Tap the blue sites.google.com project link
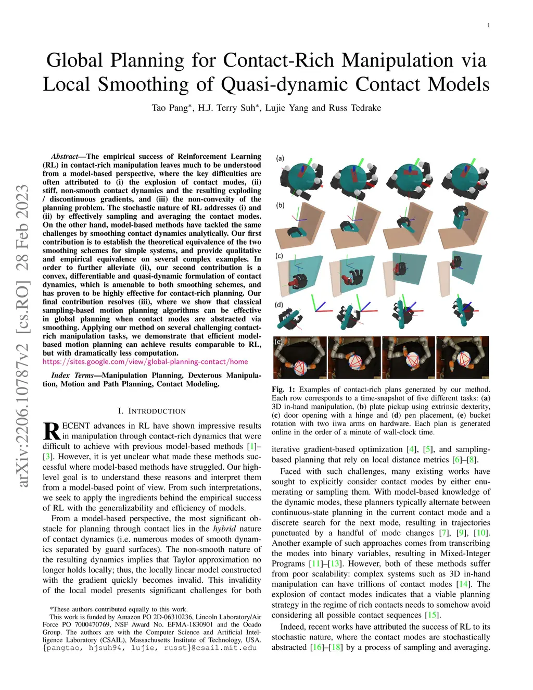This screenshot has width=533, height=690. click(x=145, y=361)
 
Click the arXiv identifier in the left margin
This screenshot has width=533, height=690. click(x=23, y=336)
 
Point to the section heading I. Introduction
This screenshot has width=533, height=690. click(x=151, y=411)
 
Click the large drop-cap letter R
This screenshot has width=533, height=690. click(x=52, y=432)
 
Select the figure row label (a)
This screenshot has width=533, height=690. click(x=280, y=158)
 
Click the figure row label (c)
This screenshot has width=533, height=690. click(x=280, y=256)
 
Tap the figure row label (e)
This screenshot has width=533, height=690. click(x=279, y=342)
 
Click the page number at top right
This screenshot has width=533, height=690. click(x=488, y=26)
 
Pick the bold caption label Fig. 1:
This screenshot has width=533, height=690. click(x=283, y=390)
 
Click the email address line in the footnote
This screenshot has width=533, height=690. click(x=150, y=648)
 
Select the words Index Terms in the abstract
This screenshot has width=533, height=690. click(x=72, y=375)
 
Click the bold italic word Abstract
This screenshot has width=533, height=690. click(x=64, y=156)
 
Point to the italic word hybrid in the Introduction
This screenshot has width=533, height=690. click(x=224, y=529)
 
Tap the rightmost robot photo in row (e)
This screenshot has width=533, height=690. click(x=462, y=357)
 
